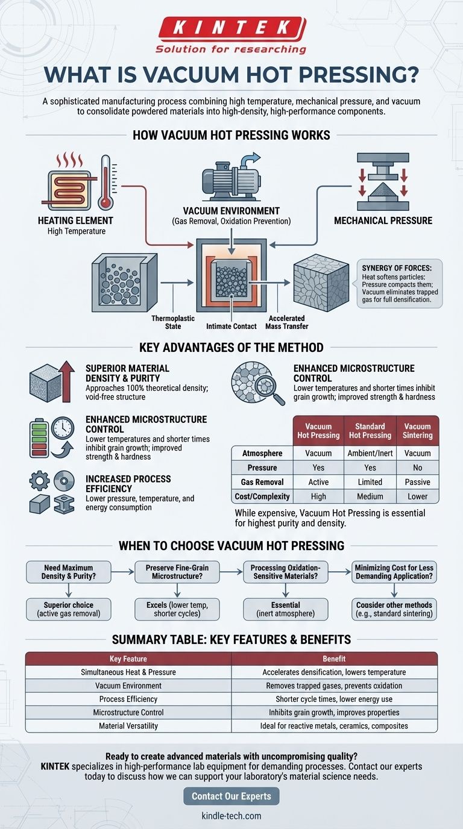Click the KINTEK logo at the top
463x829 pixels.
coord(231,29)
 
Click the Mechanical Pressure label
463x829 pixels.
coord(383,221)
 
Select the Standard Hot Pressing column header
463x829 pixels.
coord(370,431)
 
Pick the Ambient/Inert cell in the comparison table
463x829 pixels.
coord(370,453)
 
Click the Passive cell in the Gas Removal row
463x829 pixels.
coord(417,482)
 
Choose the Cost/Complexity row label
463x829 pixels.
coord(262,496)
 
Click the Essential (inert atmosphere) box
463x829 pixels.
coord(285,609)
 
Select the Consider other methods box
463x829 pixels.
coord(394,609)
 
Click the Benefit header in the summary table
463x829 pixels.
coord(334,659)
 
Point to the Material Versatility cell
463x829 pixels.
coord(128,726)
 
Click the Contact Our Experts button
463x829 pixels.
coord(231,796)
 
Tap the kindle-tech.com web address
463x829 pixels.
coord(231,816)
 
